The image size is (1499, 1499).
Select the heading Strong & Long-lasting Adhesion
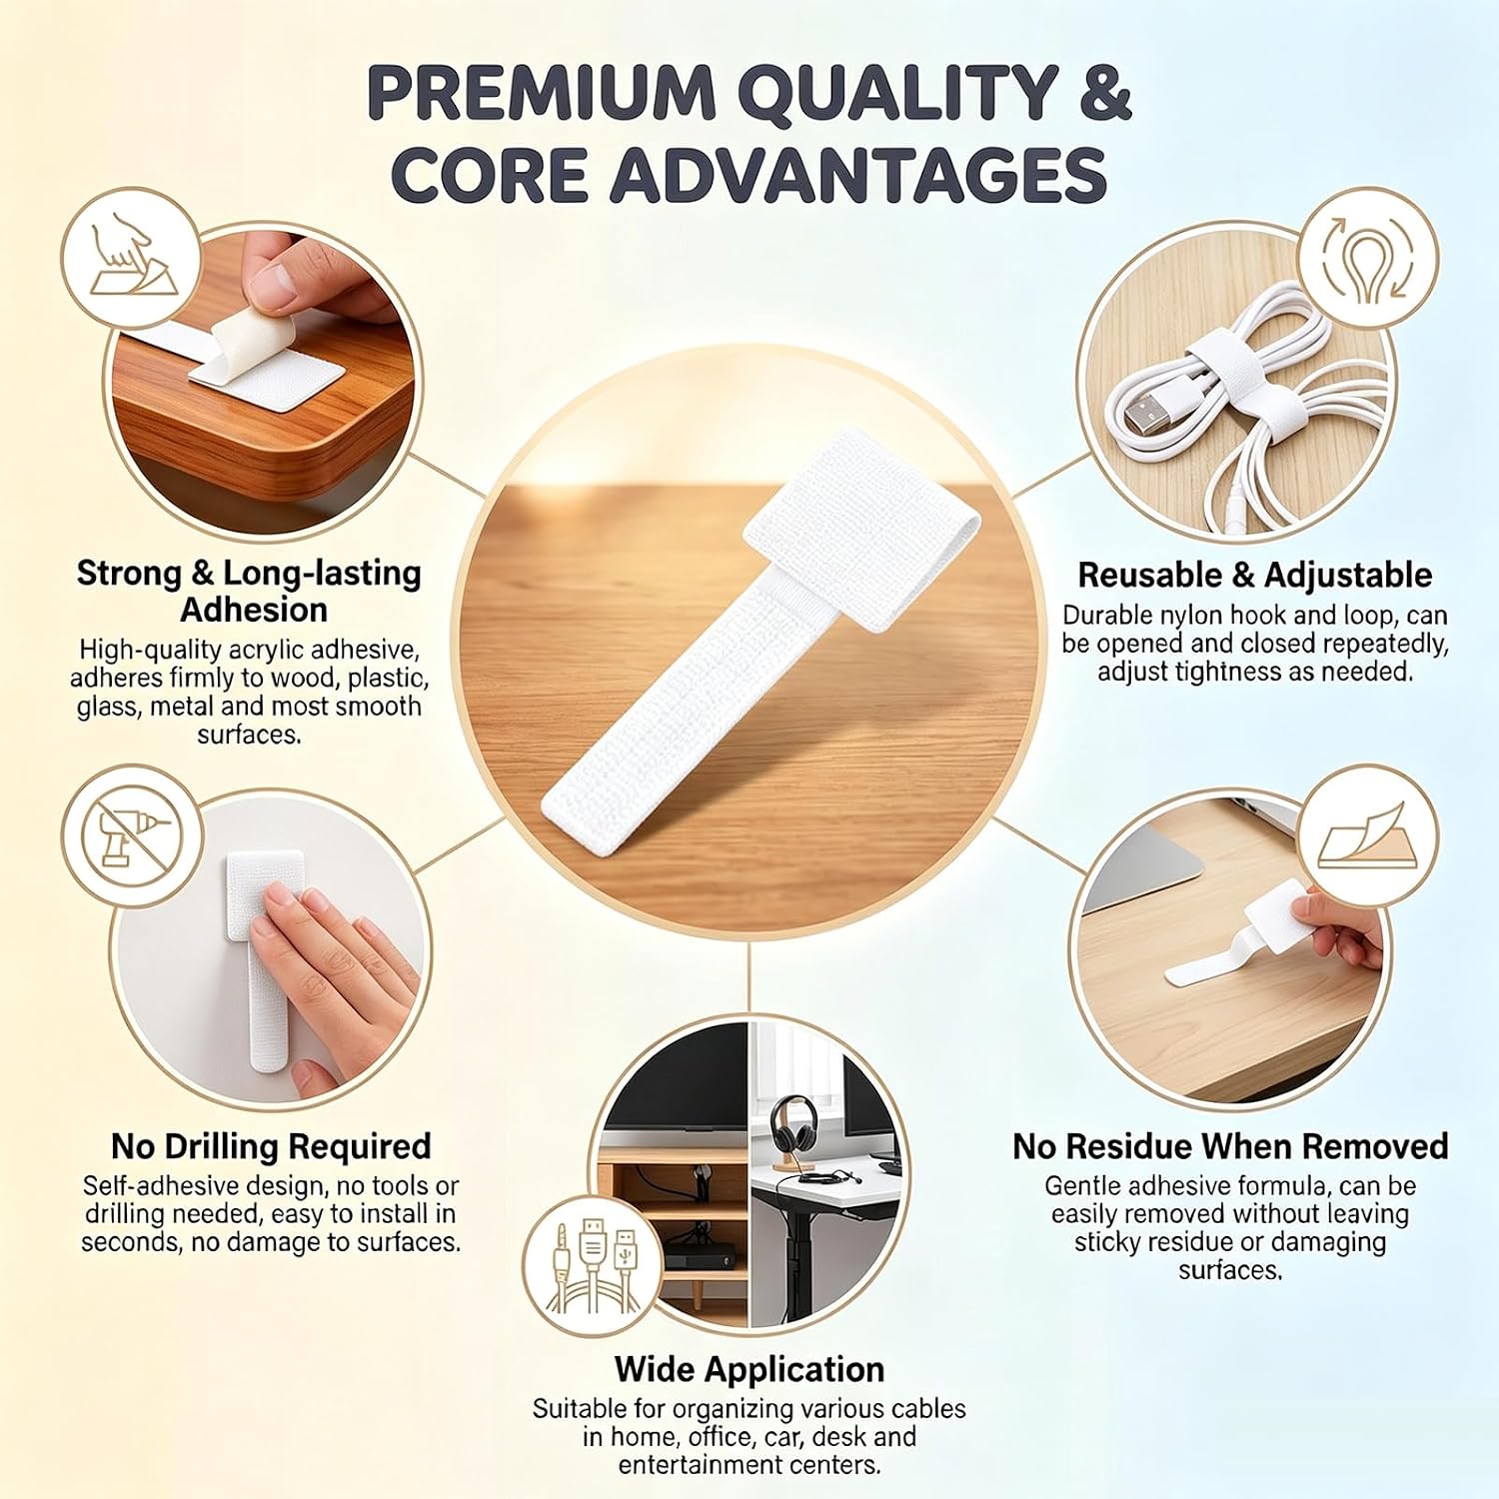[250, 591]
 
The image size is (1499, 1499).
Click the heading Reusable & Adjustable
[1254, 575]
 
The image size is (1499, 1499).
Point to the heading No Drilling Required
[271, 1145]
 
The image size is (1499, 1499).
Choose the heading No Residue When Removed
[1230, 1145]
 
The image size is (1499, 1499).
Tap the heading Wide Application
[749, 1368]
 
